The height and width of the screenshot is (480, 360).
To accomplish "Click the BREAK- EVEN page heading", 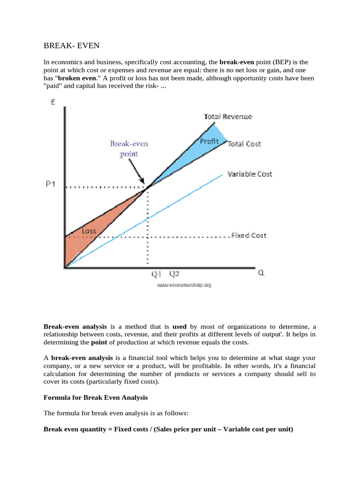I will [x=72, y=45].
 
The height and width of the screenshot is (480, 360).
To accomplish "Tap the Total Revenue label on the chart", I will [x=228, y=116].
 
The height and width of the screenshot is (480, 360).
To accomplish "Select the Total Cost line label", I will [x=244, y=144].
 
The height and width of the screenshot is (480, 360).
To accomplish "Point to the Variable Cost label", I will [x=249, y=174].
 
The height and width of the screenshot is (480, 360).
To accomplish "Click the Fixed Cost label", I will [x=249, y=235].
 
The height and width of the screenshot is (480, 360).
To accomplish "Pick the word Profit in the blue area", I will [x=209, y=141].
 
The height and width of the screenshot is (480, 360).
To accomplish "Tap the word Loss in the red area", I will [x=89, y=231].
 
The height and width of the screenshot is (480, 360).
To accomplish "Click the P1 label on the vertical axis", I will [x=51, y=184].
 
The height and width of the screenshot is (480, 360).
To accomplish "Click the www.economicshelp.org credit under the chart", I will [x=184, y=285].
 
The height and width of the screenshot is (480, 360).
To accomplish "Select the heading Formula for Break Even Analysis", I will [x=96, y=397].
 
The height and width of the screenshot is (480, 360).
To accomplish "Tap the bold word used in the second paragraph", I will [x=180, y=326].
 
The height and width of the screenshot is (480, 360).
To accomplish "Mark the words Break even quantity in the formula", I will [x=74, y=428].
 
